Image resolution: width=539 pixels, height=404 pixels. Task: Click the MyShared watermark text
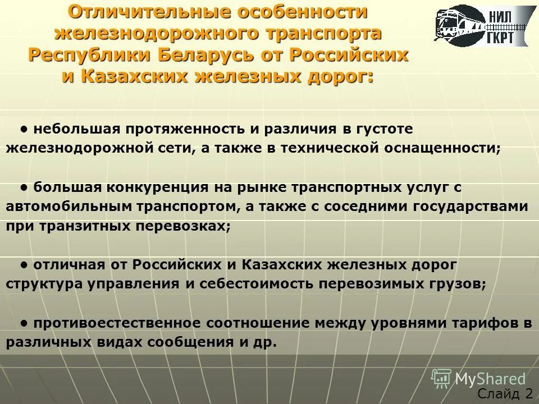[490, 379]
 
